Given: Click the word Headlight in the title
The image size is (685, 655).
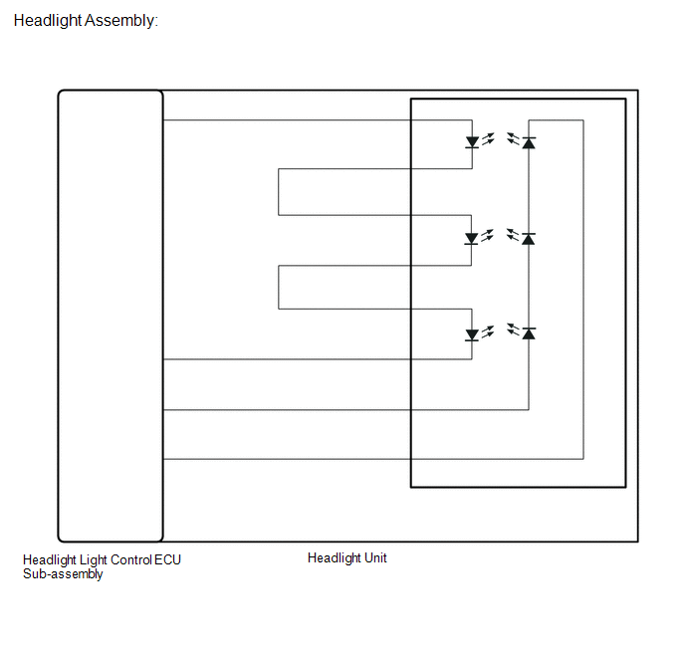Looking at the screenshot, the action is point(48,21).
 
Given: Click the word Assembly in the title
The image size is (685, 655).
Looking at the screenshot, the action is point(119,21).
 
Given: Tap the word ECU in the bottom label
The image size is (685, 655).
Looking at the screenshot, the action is point(167,559).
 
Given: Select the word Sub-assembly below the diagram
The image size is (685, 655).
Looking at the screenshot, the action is point(63,573).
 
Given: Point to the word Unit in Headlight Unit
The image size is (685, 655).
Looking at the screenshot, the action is point(375,557).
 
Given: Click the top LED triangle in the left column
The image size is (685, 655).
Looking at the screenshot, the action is point(472,142).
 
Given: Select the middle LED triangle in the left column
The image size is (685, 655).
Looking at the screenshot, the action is point(471,239).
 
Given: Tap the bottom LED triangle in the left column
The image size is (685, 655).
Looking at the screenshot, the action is point(471,334).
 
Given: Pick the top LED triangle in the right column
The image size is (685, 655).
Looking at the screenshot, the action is point(529,142).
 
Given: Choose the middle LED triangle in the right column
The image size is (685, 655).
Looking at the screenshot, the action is point(528,239).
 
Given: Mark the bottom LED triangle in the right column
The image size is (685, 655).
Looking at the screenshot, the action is point(529,333).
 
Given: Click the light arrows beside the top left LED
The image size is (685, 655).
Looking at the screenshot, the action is point(488,139).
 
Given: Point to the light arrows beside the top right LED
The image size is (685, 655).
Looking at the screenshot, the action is point(513,138).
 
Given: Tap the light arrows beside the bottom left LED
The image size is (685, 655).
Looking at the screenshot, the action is point(488,331).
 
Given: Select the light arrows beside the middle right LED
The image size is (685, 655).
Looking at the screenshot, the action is point(513,235).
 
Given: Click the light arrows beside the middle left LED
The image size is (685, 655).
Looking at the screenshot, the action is point(487,236).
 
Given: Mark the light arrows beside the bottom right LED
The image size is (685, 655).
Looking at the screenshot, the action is point(514,329).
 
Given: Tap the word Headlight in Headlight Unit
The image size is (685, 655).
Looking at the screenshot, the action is point(335,558).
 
